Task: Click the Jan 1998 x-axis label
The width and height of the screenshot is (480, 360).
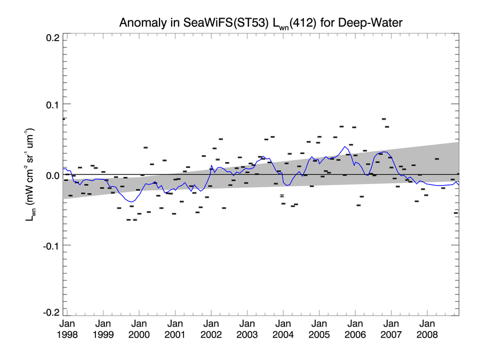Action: pyautogui.click(x=67, y=329)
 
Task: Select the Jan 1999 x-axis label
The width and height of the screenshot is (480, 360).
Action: pyautogui.click(x=103, y=329)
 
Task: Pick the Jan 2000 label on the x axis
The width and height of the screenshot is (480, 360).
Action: pyautogui.click(x=139, y=329)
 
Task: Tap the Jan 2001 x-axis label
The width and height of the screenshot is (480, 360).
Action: pyautogui.click(x=175, y=329)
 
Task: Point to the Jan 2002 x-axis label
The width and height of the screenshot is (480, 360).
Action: pyautogui.click(x=211, y=329)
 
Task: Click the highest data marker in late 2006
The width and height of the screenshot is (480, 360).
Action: pyautogui.click(x=384, y=119)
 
